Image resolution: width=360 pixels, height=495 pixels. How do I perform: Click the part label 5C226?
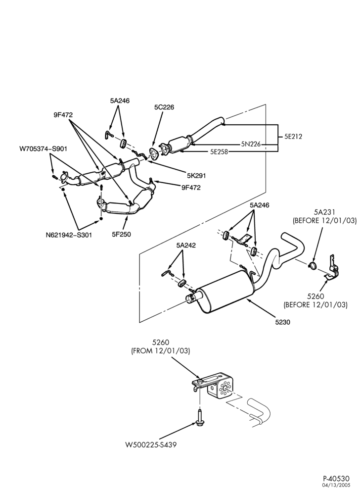pyautogui.click(x=164, y=107)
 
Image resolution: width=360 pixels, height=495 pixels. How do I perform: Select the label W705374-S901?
pyautogui.click(x=43, y=148)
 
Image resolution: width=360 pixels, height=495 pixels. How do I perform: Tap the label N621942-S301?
pyautogui.click(x=69, y=235)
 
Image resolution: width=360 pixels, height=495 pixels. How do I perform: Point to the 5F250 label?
pyautogui.click(x=121, y=234)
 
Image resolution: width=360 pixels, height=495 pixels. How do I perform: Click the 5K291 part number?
pyautogui.click(x=196, y=176)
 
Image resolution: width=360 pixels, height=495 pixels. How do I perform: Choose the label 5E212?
pyautogui.click(x=293, y=137)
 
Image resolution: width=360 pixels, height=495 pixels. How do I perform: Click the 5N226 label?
pyautogui.click(x=251, y=144)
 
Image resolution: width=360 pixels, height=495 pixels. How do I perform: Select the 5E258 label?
pyautogui.click(x=220, y=152)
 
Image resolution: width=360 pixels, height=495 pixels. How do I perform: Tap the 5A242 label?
pyautogui.click(x=186, y=246)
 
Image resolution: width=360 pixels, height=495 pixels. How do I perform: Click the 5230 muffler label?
pyautogui.click(x=282, y=322)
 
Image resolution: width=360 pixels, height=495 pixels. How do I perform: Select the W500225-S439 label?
pyautogui.click(x=151, y=445)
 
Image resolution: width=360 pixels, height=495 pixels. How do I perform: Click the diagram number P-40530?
pyautogui.click(x=336, y=479)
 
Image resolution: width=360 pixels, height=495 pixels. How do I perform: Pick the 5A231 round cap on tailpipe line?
pyautogui.click(x=313, y=265)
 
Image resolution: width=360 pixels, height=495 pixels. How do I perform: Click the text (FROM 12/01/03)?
pyautogui.click(x=160, y=350)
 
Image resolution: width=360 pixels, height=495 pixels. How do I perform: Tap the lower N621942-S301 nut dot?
pyautogui.click(x=101, y=218)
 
